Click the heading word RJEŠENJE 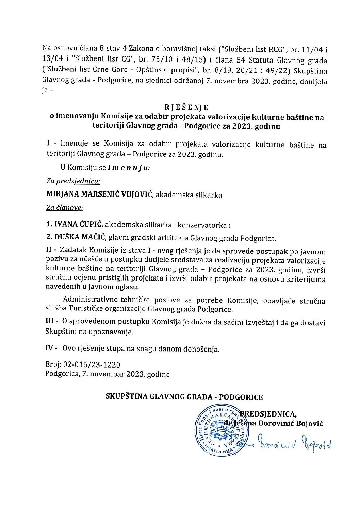click(x=187, y=108)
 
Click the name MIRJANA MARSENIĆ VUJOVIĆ click(x=100, y=195)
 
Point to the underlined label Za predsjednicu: click(x=73, y=182)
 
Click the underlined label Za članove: click(x=65, y=207)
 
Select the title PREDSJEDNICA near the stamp click(x=269, y=414)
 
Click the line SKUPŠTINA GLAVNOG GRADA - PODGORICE click(x=184, y=397)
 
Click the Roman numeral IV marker click(x=51, y=348)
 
